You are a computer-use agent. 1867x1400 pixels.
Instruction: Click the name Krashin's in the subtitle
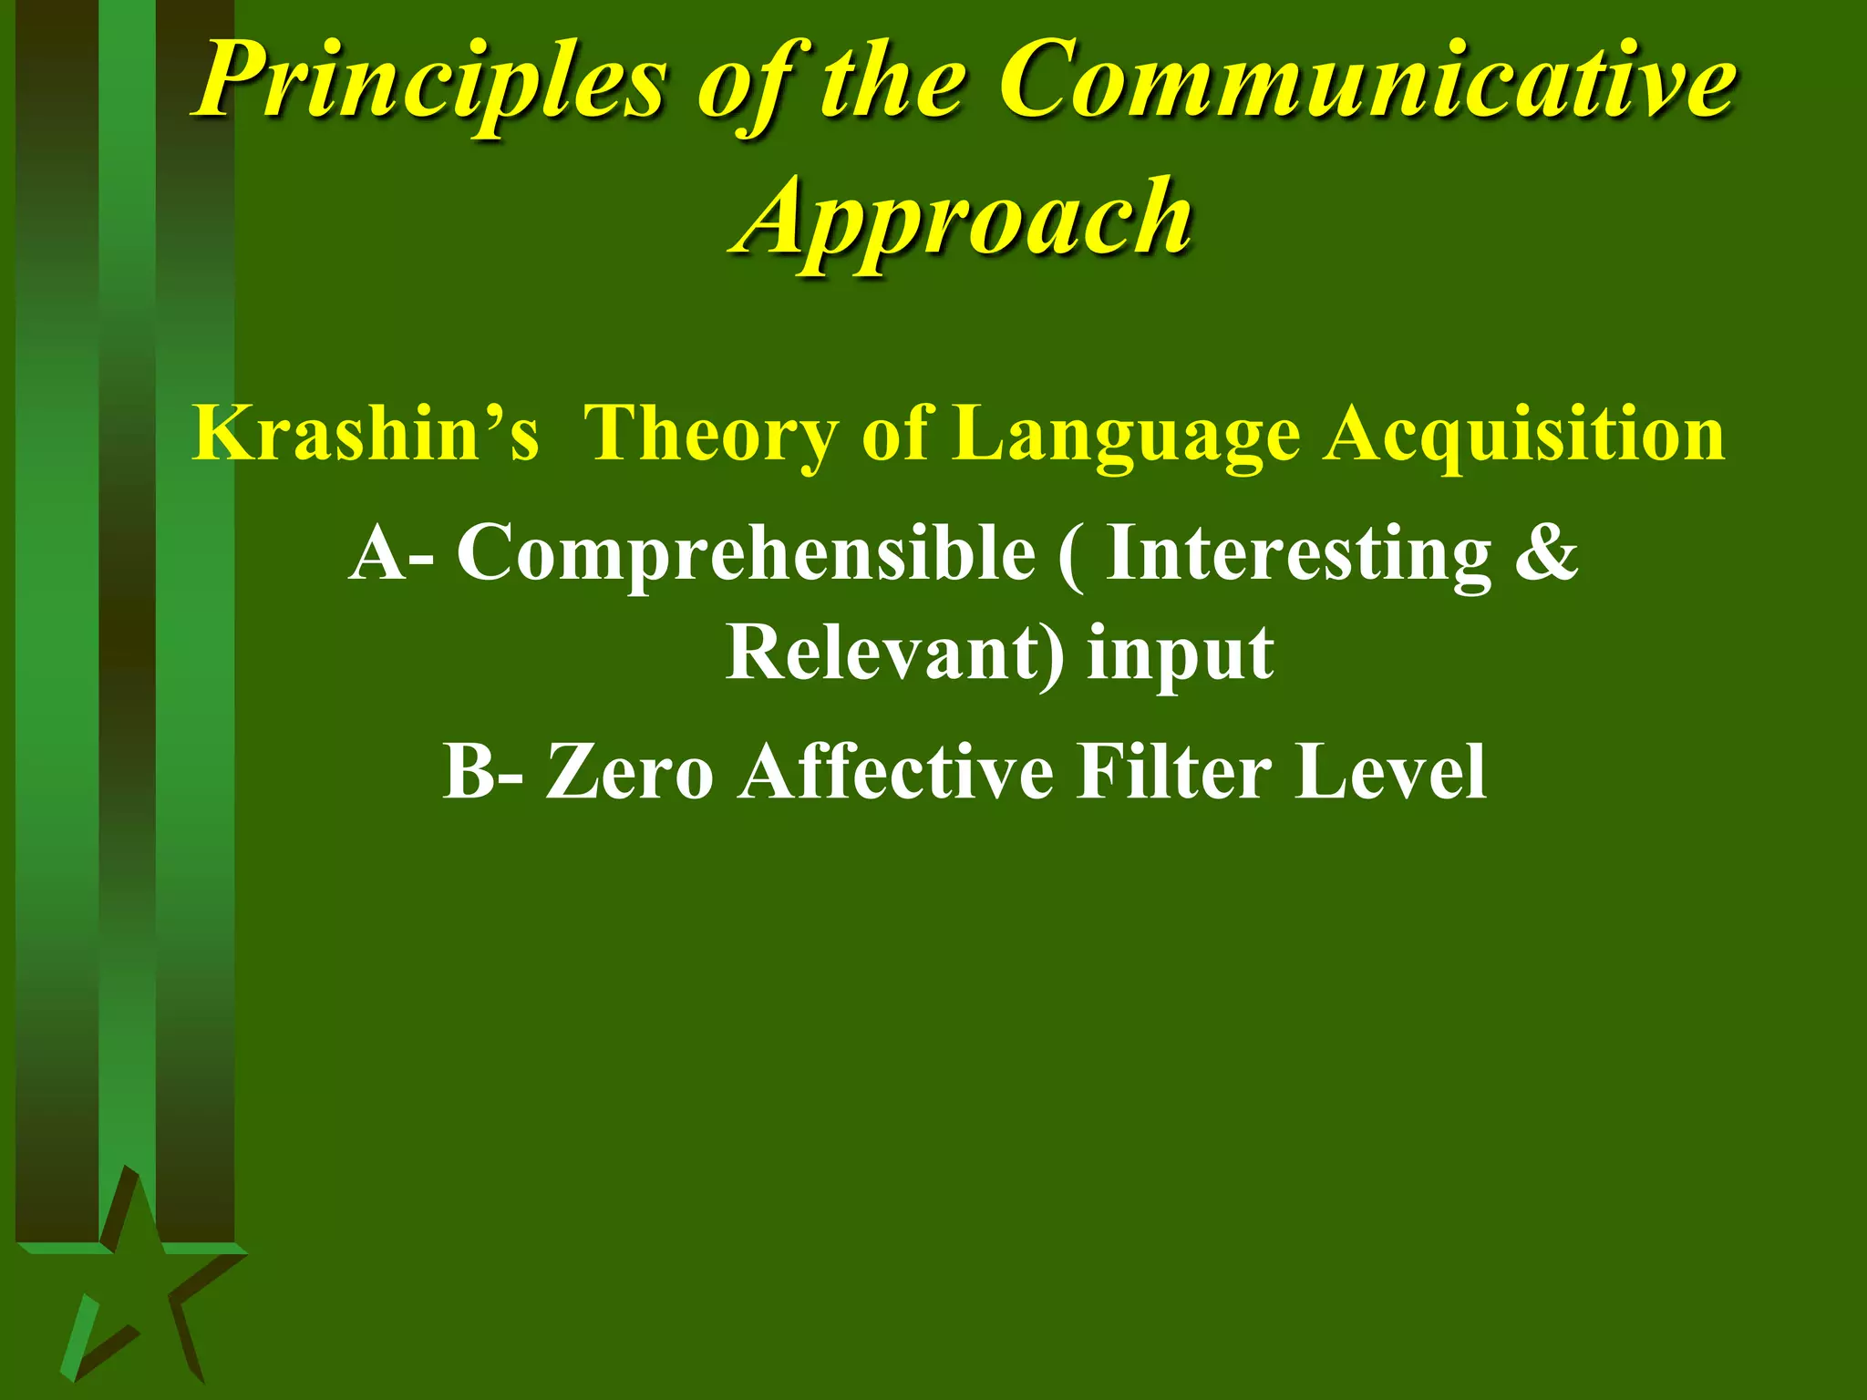(x=366, y=433)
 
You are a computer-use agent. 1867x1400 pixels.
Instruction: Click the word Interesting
(x=1298, y=552)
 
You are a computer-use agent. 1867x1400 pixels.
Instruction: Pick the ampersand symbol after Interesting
(x=1546, y=552)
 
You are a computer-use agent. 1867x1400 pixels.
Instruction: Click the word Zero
(x=629, y=771)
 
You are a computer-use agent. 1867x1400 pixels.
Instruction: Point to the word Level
(x=1391, y=771)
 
